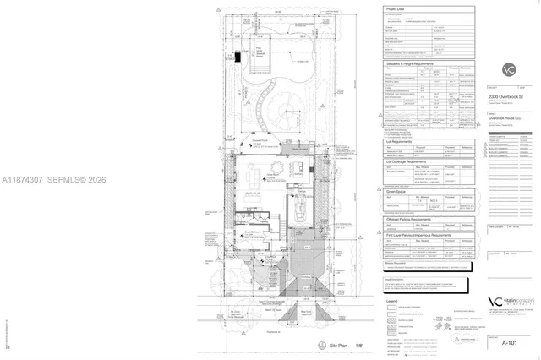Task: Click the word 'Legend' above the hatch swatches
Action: pos(391,300)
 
